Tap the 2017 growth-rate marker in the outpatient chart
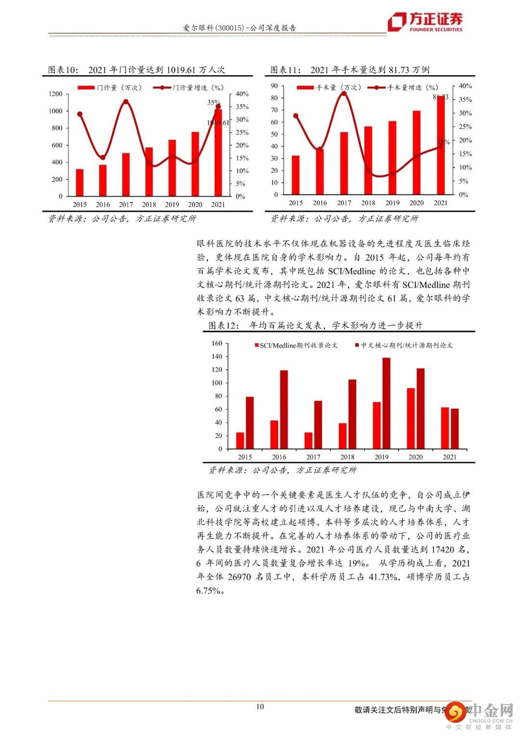(126, 102)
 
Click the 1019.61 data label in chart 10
(218, 123)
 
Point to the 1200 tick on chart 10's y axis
(55, 94)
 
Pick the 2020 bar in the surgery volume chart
(416, 152)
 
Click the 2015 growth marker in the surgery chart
(296, 116)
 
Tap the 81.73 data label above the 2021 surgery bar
(440, 97)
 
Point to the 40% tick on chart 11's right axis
(465, 86)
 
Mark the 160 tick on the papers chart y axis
(217, 344)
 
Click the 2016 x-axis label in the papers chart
(279, 457)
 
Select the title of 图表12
(315, 325)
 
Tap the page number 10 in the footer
(260, 707)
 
